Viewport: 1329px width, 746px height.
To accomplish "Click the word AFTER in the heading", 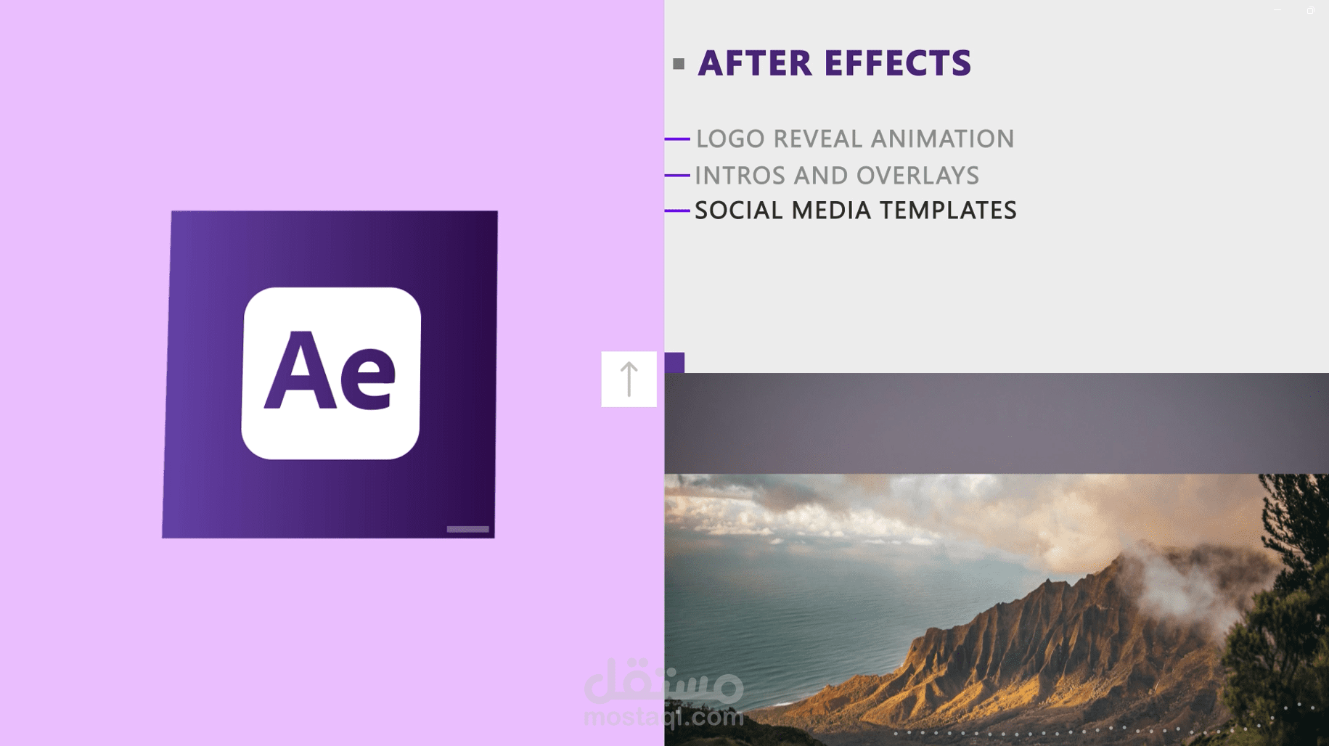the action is (x=755, y=63).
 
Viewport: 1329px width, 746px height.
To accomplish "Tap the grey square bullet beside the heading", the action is (x=679, y=64).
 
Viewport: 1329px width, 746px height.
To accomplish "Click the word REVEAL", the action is (x=818, y=139).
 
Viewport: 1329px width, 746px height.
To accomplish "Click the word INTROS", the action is (x=740, y=176).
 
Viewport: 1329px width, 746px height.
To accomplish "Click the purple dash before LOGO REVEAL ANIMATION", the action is (x=677, y=139).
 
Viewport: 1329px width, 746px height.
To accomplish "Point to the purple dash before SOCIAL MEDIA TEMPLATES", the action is (x=677, y=210).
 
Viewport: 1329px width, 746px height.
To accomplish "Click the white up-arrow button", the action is (x=629, y=380).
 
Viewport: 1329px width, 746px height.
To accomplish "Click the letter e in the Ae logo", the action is (x=368, y=378).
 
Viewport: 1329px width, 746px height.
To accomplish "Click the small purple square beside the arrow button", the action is (x=674, y=363).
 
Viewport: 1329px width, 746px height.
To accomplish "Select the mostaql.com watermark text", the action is (x=664, y=717).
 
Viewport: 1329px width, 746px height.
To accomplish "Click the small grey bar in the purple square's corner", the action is (x=467, y=529).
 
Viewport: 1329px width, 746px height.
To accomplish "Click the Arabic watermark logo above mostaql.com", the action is (x=664, y=681).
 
